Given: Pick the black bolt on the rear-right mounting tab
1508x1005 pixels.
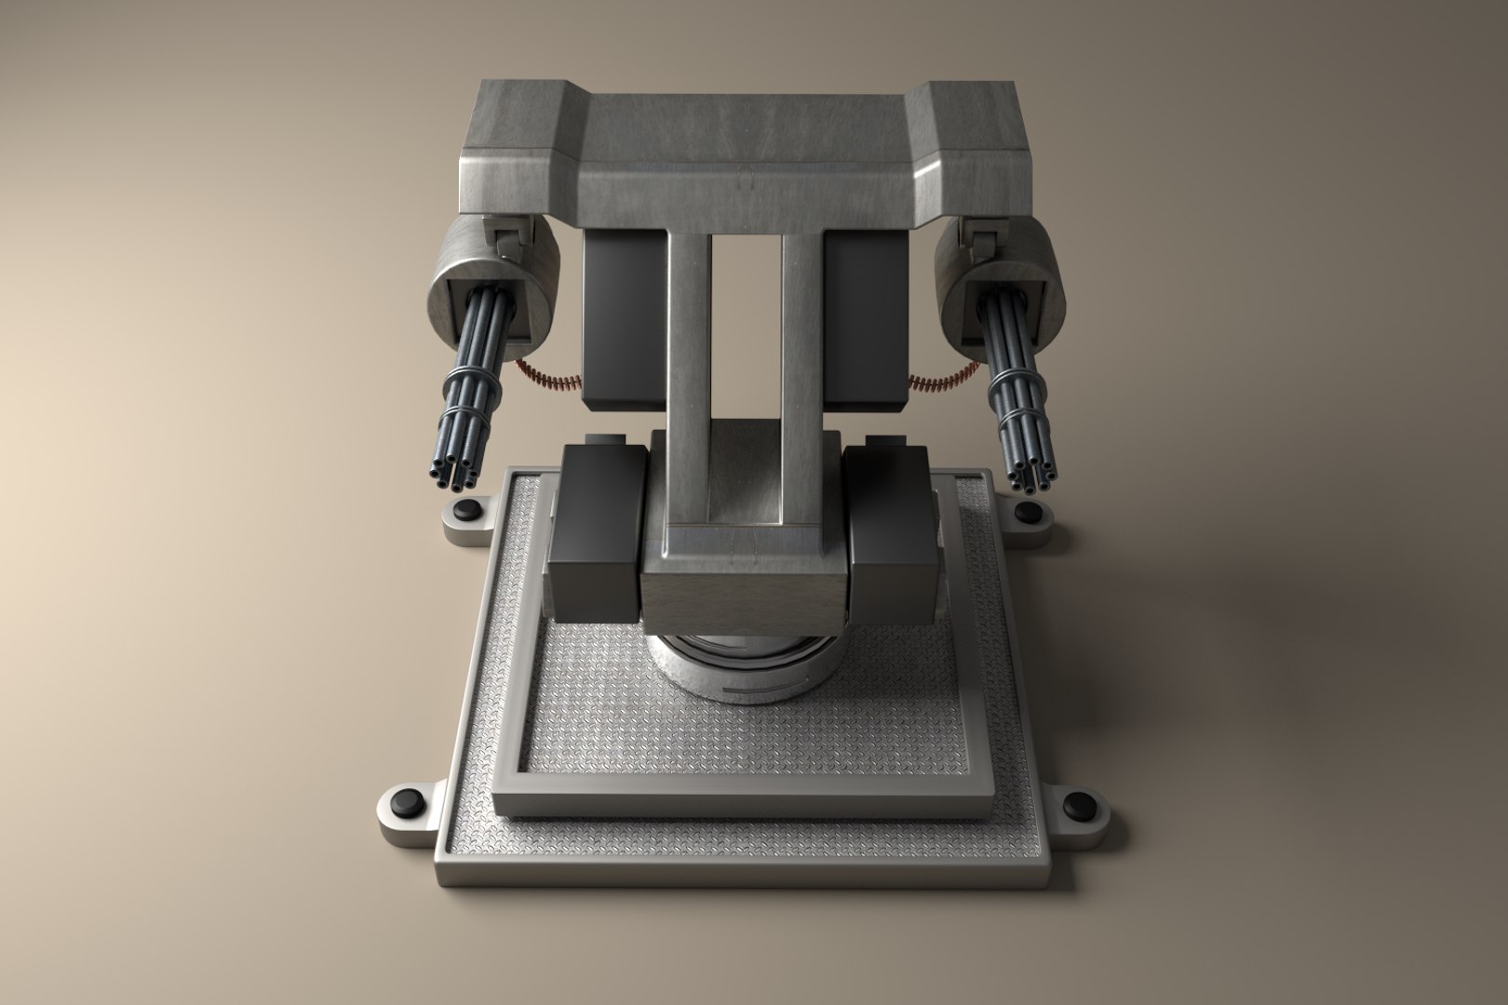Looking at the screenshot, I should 1028,512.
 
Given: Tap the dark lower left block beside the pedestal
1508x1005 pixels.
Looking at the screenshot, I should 596,540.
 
